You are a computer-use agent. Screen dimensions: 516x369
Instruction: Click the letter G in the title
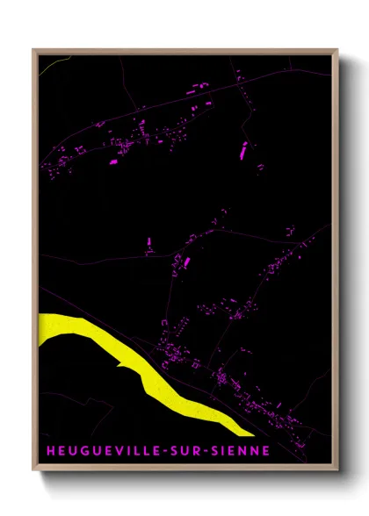(79, 451)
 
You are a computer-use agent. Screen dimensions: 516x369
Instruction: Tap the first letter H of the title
(50, 451)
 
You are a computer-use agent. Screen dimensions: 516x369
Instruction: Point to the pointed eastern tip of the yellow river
(253, 434)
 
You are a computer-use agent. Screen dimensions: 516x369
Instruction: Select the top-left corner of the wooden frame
(33, 49)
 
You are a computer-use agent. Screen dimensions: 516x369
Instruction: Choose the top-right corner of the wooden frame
(338, 49)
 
